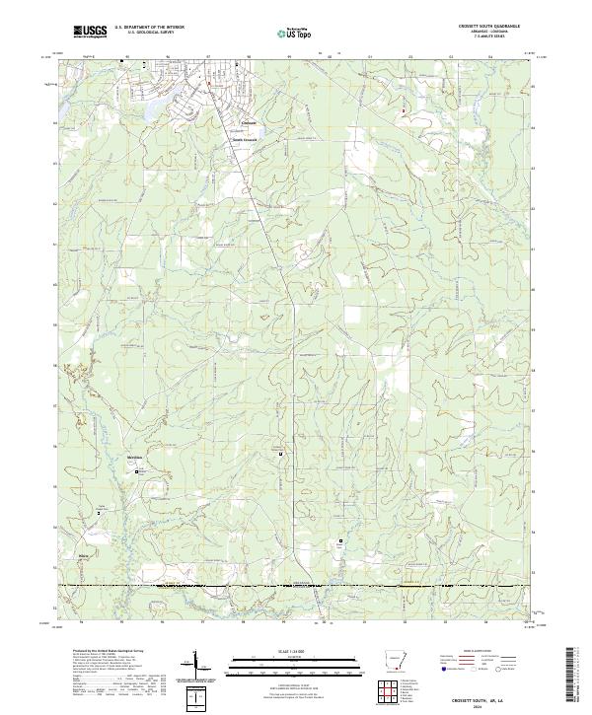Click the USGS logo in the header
pyautogui.click(x=92, y=33)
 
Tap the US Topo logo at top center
pyautogui.click(x=295, y=33)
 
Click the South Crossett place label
pyautogui.click(x=244, y=140)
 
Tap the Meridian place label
pyautogui.click(x=136, y=459)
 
